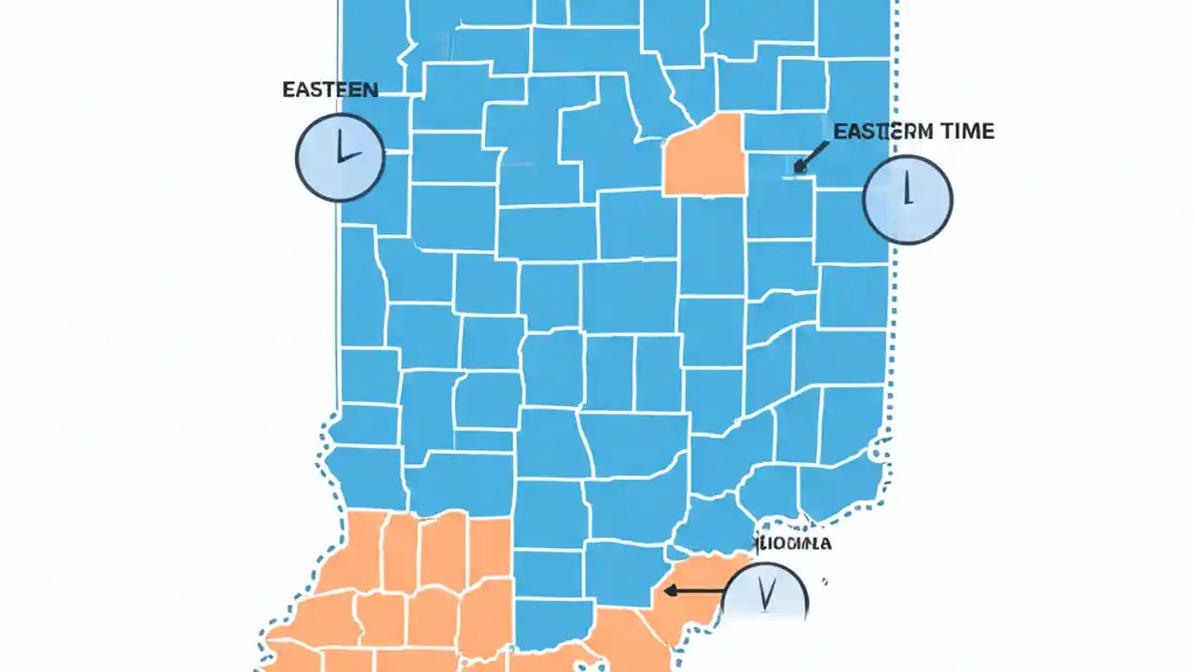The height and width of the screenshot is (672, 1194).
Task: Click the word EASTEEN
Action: coord(330,91)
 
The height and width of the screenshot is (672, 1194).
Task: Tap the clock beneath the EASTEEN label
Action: coord(340,157)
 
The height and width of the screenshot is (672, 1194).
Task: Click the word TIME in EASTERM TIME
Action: coord(966,132)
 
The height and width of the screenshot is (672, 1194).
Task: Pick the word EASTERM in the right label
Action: coord(882,132)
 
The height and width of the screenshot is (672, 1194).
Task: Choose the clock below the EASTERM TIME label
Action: coord(908,199)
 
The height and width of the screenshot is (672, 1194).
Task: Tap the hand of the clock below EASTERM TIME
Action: coord(907,189)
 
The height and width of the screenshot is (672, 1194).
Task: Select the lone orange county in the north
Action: coord(704,156)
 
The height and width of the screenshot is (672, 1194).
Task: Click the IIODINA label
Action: coord(794,543)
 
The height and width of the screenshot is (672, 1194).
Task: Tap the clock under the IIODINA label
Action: coord(766,594)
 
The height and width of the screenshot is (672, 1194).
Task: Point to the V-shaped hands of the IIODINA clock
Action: coord(766,595)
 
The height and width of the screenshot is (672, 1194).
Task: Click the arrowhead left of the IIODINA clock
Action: coord(668,590)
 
